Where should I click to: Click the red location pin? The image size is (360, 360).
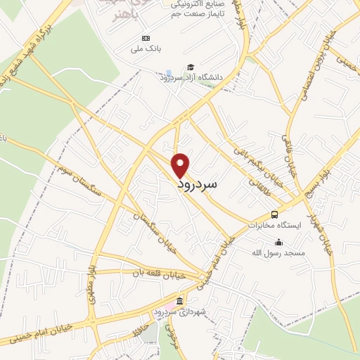[181, 165]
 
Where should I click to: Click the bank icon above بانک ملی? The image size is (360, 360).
[146, 37]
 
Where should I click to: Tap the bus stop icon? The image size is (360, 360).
[274, 214]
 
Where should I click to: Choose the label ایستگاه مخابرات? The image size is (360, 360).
[275, 225]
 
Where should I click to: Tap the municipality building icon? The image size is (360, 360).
[180, 301]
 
